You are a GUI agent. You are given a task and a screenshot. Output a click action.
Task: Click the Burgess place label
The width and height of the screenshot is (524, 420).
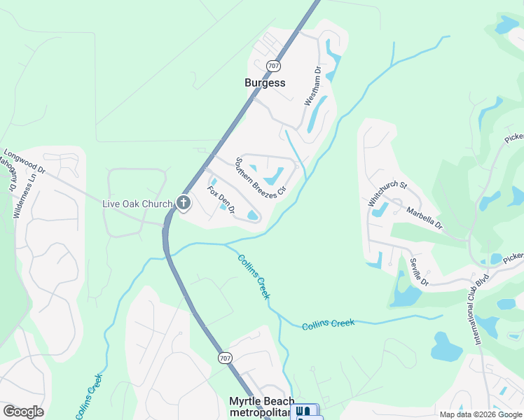coord(265,83)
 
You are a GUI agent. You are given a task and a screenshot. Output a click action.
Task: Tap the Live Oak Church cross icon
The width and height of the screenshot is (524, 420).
coord(184,204)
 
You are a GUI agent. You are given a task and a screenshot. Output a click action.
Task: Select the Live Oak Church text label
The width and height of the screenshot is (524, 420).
coord(137,204)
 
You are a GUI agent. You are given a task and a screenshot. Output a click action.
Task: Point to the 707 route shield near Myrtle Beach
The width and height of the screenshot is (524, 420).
coord(222,357)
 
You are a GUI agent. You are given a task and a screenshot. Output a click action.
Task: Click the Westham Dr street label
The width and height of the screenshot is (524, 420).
coord(312,86)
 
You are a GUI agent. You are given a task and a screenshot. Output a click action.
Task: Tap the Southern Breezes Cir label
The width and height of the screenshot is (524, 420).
coord(261,176)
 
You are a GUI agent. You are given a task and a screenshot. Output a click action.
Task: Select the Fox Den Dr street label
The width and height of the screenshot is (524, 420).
coord(220,199)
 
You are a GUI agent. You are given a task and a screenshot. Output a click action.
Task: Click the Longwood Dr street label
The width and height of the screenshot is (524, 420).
coord(25,160)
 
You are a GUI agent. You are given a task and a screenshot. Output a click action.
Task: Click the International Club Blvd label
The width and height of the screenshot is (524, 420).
coord(481,308)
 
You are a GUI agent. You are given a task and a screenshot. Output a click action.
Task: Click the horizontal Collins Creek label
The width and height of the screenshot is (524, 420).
coord(329,324)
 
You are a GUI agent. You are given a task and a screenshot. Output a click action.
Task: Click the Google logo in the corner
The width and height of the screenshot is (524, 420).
coord(23,412)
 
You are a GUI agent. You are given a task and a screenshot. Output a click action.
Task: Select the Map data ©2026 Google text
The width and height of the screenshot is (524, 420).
coord(480,414)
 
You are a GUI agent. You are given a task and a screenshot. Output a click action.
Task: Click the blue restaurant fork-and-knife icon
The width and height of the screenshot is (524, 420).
coord(303,412)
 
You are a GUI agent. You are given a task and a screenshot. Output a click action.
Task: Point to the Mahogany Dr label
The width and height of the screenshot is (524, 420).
coord(7,175)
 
